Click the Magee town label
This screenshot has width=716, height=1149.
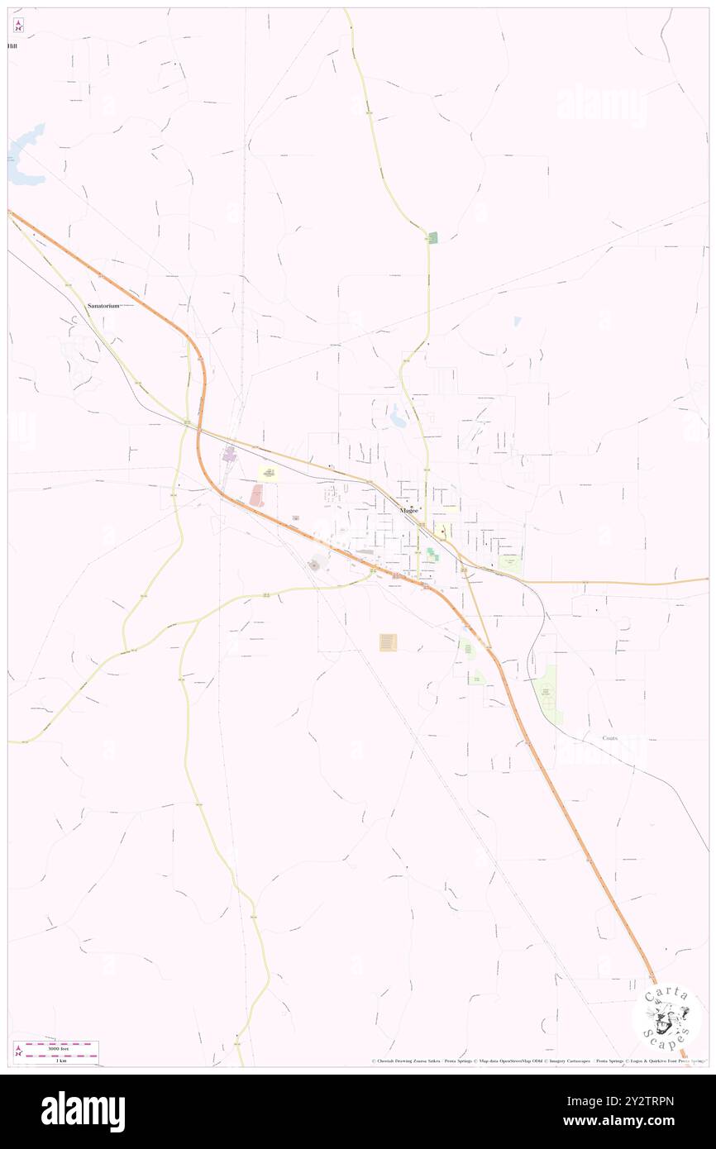[408, 510]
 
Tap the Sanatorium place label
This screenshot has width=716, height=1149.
[104, 306]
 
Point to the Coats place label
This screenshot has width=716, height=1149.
[610, 737]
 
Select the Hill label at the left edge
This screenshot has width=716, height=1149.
[12, 46]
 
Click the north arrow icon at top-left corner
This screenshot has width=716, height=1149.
[18, 25]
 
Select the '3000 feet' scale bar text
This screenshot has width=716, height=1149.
[57, 1047]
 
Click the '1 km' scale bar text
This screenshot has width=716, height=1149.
[57, 1060]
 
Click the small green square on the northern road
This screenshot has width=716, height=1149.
[432, 237]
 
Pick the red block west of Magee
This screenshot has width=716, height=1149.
[257, 495]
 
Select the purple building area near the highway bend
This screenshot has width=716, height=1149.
[229, 454]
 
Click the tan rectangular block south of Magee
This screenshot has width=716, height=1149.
[388, 642]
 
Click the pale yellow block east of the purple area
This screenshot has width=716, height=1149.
[268, 473]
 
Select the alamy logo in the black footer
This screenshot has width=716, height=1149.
[83, 1112]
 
